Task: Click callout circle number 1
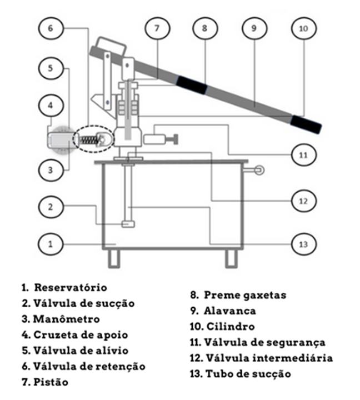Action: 51,243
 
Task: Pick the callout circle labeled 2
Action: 51,207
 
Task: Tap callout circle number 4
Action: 51,104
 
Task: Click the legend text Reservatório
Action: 71,288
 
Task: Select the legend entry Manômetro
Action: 66,319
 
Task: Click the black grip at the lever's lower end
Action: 307,124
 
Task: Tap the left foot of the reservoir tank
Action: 114,258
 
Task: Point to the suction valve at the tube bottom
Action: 129,224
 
